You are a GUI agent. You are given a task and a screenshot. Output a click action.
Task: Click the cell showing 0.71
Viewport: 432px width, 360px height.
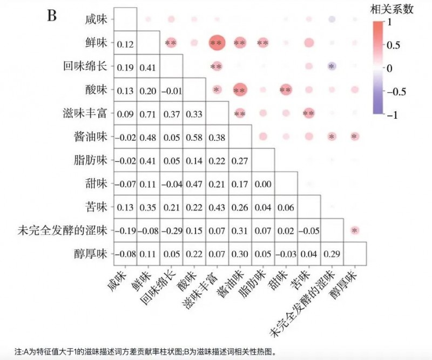(x=148, y=113)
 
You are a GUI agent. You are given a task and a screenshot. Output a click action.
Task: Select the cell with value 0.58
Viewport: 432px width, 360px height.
(x=194, y=137)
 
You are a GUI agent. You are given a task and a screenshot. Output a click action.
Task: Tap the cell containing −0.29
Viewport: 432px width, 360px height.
(x=171, y=230)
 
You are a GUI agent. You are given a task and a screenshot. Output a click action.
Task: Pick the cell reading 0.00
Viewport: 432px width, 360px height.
(x=262, y=184)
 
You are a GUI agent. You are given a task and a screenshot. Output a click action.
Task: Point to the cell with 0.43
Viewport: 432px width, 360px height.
(x=217, y=207)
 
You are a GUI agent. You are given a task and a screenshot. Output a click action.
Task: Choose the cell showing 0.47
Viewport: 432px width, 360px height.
(x=194, y=184)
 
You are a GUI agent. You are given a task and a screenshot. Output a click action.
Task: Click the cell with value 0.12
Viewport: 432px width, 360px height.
(x=125, y=43)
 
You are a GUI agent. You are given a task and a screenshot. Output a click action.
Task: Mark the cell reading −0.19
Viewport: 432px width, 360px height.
(x=125, y=230)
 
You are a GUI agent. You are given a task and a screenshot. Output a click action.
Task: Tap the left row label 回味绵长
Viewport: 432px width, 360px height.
(x=87, y=67)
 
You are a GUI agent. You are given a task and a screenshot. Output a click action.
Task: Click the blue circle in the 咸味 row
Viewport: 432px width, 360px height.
(x=332, y=20)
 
